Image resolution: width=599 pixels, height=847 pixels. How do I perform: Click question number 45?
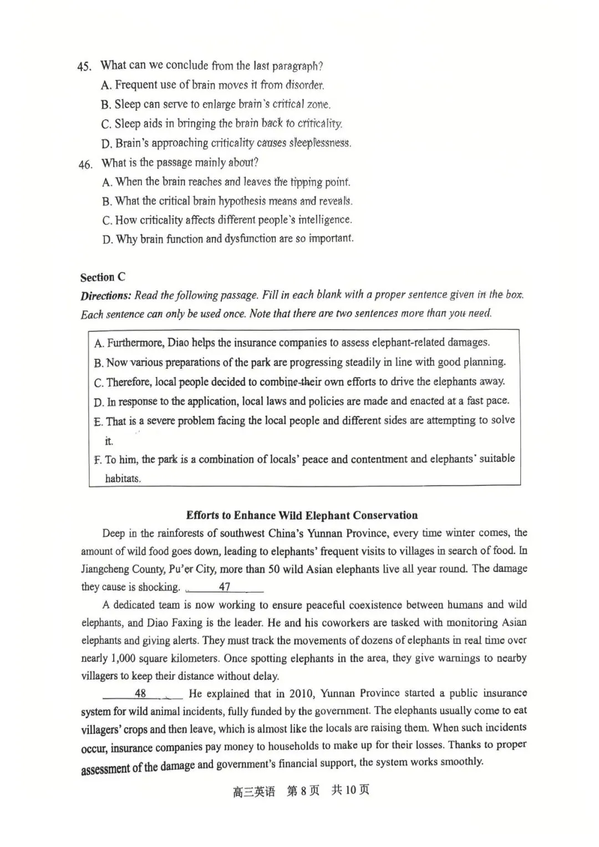coord(84,67)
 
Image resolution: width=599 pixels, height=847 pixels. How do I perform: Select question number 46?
coord(85,164)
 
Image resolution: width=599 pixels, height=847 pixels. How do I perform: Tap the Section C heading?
coord(103,277)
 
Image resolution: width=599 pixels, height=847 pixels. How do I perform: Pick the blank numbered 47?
coord(225,587)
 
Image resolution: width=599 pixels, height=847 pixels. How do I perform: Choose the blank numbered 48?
coord(141,693)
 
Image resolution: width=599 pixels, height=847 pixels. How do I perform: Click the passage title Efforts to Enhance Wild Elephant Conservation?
coord(302,515)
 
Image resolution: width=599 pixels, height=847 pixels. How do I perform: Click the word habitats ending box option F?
coord(123,479)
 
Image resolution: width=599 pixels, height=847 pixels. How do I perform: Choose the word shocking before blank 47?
coord(161,587)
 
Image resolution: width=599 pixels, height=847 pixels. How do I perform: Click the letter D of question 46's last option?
coord(107,240)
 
